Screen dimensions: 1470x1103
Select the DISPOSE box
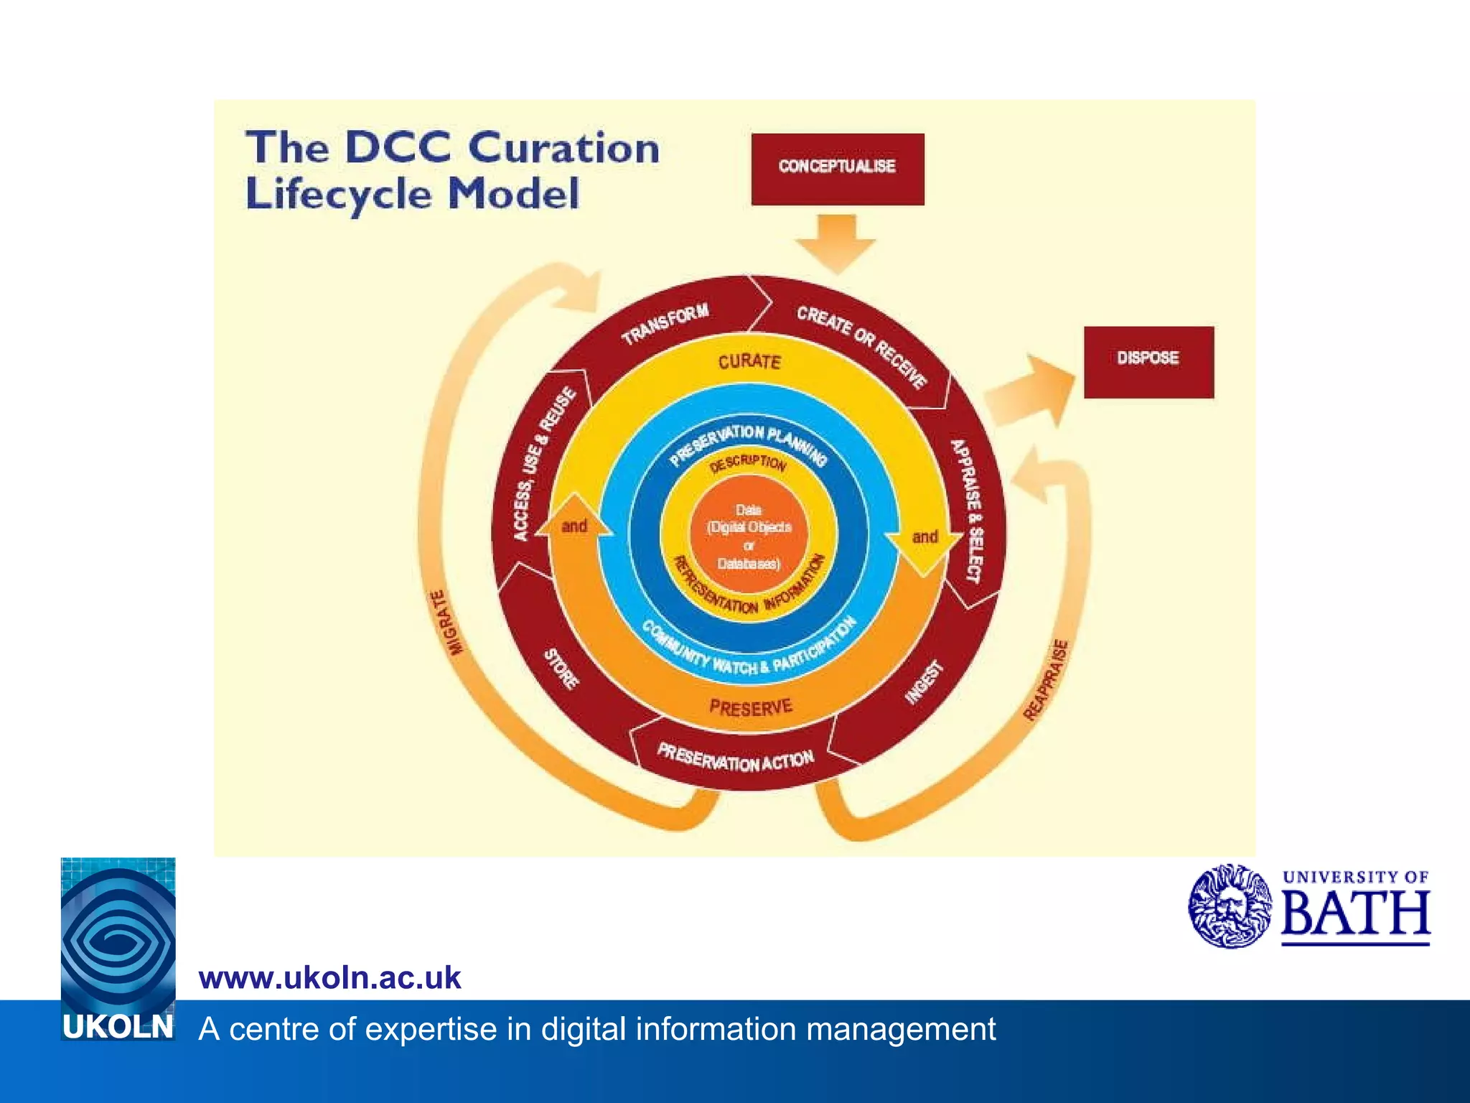tap(1148, 361)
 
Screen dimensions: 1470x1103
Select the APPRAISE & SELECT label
tap(965, 511)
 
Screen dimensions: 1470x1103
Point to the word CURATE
tap(749, 361)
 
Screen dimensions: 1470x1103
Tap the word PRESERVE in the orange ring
tap(751, 708)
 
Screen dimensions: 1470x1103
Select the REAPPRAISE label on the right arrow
tap(1045, 679)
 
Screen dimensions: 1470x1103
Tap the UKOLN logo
tap(118, 948)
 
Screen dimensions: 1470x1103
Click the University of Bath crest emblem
tap(1229, 906)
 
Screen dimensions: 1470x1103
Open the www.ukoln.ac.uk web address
tap(330, 978)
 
